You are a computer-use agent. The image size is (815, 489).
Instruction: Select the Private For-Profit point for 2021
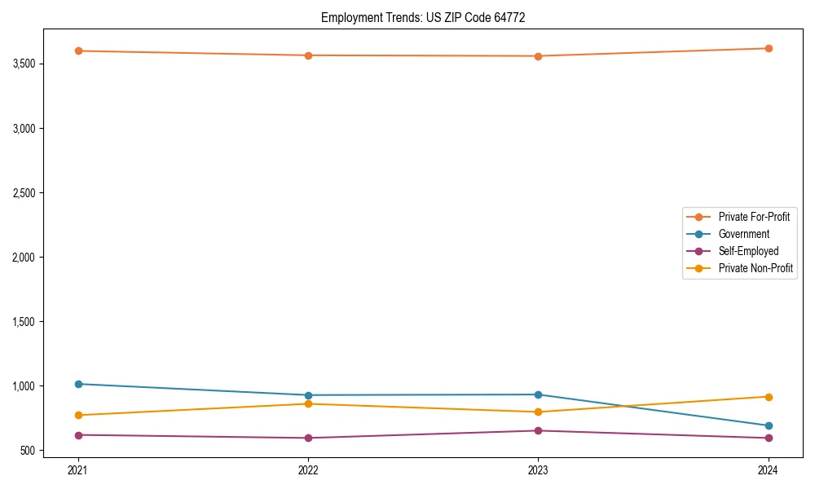tap(78, 51)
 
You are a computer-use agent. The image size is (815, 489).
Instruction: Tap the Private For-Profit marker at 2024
tap(769, 48)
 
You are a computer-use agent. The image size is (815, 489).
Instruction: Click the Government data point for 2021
tap(78, 384)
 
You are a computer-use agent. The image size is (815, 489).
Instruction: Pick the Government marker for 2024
tap(769, 425)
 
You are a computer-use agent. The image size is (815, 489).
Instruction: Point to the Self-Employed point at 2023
tap(538, 430)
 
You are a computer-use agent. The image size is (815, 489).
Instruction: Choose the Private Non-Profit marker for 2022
tap(308, 403)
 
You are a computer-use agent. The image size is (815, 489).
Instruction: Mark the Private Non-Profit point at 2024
tap(769, 397)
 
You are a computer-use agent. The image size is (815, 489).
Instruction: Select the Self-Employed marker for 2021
tap(78, 435)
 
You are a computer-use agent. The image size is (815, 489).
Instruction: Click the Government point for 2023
tap(538, 394)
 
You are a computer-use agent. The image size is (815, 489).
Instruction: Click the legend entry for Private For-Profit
tap(753, 217)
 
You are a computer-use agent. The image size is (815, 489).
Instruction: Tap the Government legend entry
tap(743, 234)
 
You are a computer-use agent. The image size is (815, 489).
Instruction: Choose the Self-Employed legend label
tap(748, 251)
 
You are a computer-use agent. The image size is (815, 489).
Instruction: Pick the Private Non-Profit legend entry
tap(756, 268)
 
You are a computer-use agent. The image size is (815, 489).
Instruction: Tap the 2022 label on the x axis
tap(308, 469)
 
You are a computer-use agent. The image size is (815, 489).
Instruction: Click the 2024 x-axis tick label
tap(769, 469)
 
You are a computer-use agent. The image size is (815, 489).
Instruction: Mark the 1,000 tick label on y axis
tap(26, 386)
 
